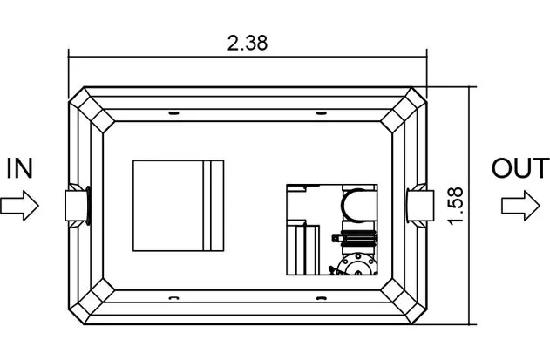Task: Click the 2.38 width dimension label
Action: [248, 44]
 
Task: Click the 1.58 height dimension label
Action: [456, 206]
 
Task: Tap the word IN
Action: [20, 169]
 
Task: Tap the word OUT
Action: [520, 168]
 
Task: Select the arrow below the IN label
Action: [19, 206]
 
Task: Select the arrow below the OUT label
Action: [520, 206]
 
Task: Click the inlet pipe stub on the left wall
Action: [78, 206]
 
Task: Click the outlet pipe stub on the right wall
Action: [420, 206]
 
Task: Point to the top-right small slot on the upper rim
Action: [322, 113]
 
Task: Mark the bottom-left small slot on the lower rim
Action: [174, 298]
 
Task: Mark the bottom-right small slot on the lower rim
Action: [322, 298]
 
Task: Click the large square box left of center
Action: [178, 206]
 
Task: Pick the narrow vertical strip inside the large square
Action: [208, 206]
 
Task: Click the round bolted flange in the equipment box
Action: [358, 265]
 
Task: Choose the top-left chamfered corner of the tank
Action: [92, 110]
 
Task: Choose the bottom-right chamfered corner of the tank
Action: [404, 302]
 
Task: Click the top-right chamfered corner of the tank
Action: [404, 110]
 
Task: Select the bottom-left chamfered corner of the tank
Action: [92, 302]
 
